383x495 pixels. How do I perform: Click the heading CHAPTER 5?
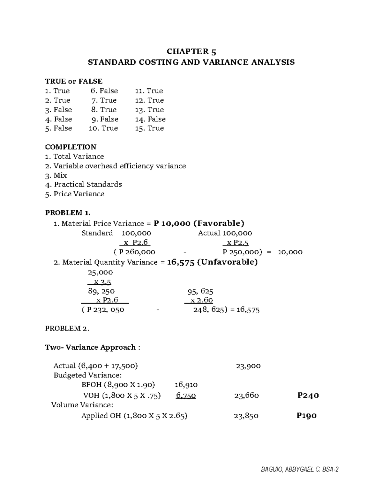(191, 52)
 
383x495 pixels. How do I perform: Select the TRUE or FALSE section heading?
(74, 81)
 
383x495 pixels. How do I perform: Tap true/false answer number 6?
(104, 91)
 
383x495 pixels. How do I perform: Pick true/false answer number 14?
(150, 119)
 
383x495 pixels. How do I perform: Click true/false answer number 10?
(103, 128)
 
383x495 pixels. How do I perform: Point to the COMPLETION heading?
(71, 147)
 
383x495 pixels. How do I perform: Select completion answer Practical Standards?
(84, 185)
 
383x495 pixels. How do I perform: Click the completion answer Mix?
(56, 175)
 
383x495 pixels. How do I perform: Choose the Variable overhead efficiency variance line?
(116, 166)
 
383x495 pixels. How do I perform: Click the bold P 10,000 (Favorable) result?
(199, 223)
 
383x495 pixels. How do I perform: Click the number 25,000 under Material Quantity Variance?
(100, 273)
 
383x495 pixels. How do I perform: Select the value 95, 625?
(200, 291)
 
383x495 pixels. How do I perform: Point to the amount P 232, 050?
(103, 309)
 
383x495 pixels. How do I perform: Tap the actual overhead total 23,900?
(248, 366)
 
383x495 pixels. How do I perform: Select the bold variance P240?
(308, 396)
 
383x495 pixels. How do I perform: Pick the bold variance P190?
(306, 416)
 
